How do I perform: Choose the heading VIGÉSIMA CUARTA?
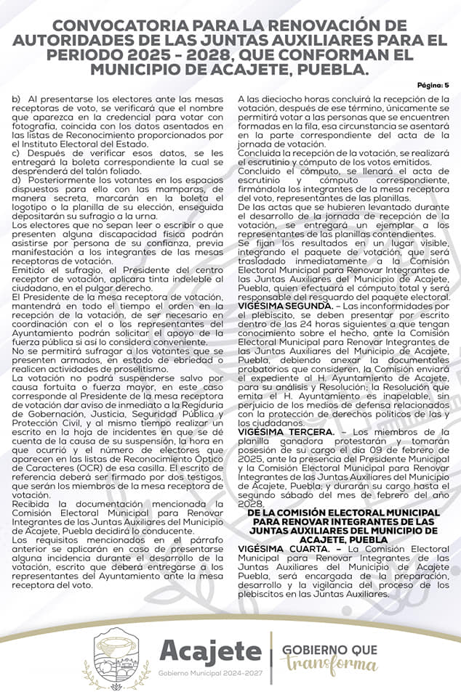tap(279, 548)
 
